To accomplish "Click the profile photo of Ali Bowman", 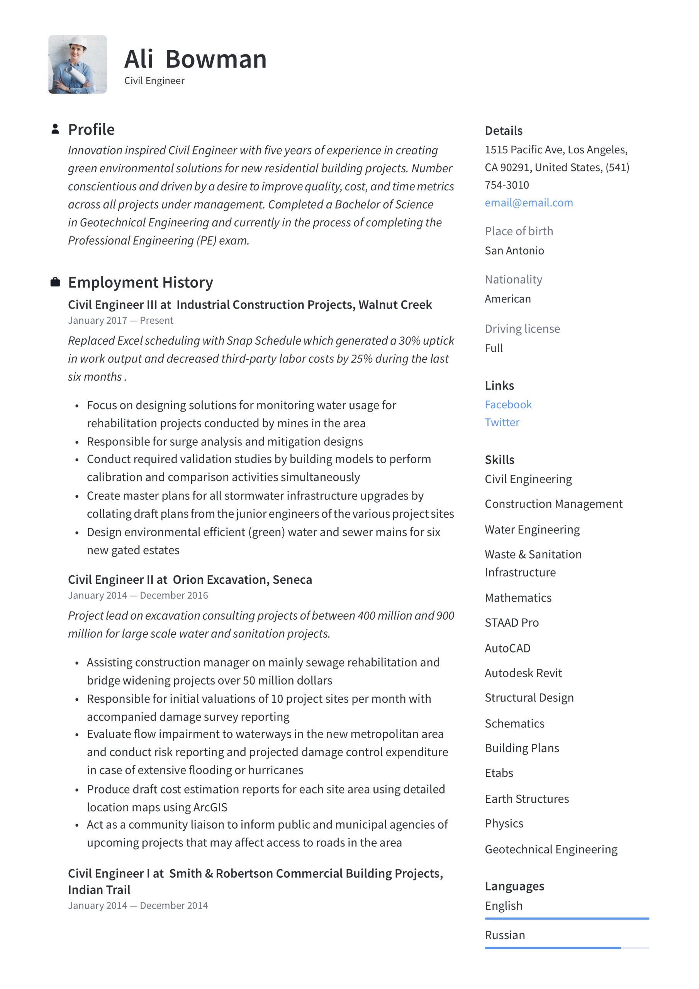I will pyautogui.click(x=78, y=65).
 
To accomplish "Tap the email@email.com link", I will pyautogui.click(x=528, y=203).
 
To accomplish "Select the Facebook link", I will pyautogui.click(x=508, y=404).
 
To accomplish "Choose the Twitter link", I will pyautogui.click(x=502, y=422).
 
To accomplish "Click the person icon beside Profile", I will pyautogui.click(x=55, y=129).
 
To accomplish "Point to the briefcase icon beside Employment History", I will pyautogui.click(x=55, y=282).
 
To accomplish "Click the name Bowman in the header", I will pyautogui.click(x=216, y=59).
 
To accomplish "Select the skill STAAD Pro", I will pyautogui.click(x=511, y=622).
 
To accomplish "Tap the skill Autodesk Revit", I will pyautogui.click(x=523, y=673).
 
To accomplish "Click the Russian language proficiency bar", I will pyautogui.click(x=567, y=948).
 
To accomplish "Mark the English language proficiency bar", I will pyautogui.click(x=567, y=918).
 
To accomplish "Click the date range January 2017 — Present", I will pyautogui.click(x=120, y=321).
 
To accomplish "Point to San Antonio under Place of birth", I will pyautogui.click(x=514, y=251).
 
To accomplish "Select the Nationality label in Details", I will pyautogui.click(x=513, y=280).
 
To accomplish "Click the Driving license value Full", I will pyautogui.click(x=494, y=348).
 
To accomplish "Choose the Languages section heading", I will pyautogui.click(x=514, y=886).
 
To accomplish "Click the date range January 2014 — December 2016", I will pyautogui.click(x=138, y=595).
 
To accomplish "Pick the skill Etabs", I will pyautogui.click(x=499, y=773).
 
